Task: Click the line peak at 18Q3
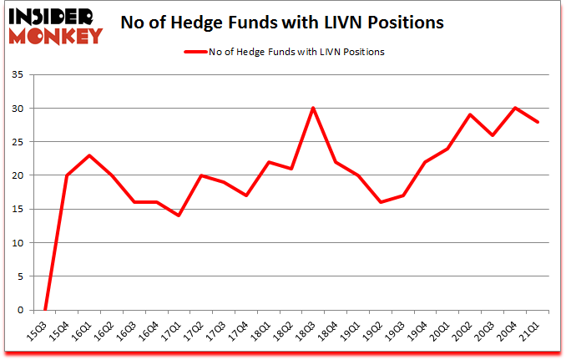312,108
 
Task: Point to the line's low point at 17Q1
178,215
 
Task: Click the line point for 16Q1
88,155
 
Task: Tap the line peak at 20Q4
515,108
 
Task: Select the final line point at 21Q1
538,122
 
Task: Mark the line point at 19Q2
380,202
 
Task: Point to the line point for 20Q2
470,114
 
